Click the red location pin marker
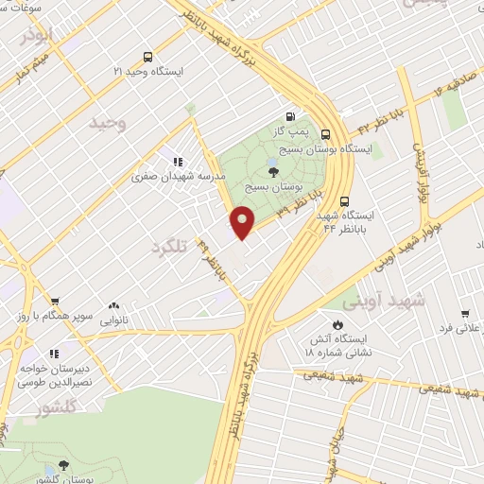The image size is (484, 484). (x=244, y=221)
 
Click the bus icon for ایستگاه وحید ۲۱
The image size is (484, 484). (x=147, y=57)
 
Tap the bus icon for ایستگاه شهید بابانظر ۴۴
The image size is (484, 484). (x=346, y=200)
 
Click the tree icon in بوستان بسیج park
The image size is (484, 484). (x=273, y=171)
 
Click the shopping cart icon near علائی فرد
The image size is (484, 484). (x=465, y=313)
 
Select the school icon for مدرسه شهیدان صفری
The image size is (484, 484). (x=178, y=162)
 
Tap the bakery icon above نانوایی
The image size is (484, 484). (x=113, y=305)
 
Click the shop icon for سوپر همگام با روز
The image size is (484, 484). (x=55, y=300)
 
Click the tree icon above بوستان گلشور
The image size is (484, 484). (x=63, y=465)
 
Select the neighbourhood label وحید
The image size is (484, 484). (x=107, y=123)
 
